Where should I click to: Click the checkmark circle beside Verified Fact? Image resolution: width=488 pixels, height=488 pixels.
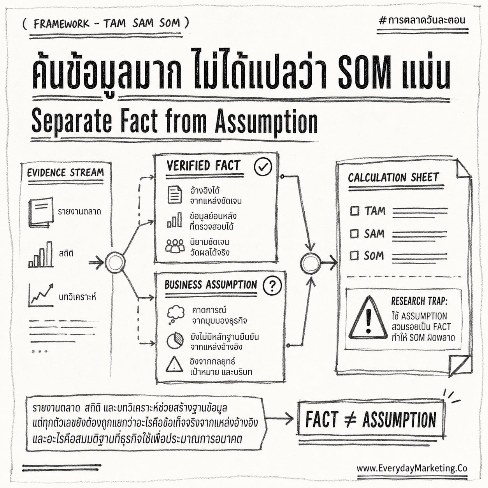pyautogui.click(x=263, y=167)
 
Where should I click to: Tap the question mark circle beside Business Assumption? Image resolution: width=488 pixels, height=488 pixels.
pyautogui.click(x=272, y=286)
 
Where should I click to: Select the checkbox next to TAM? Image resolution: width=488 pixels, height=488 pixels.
pyautogui.click(x=355, y=211)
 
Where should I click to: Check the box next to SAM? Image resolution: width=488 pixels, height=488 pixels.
pyautogui.click(x=354, y=233)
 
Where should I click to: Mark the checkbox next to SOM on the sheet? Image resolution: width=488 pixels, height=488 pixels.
pyautogui.click(x=354, y=256)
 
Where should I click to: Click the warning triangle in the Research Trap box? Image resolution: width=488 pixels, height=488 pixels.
pyautogui.click(x=368, y=318)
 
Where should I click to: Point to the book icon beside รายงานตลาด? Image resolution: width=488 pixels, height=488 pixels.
pyautogui.click(x=41, y=212)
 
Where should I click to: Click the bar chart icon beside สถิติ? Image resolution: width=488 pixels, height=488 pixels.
pyautogui.click(x=40, y=254)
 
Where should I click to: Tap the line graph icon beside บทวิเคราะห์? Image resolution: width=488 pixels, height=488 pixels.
pyautogui.click(x=41, y=295)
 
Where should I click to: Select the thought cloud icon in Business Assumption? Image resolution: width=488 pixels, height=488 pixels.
pyautogui.click(x=176, y=314)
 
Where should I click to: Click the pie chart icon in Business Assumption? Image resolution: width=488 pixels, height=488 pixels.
pyautogui.click(x=175, y=341)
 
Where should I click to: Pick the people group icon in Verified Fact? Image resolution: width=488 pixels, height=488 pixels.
pyautogui.click(x=175, y=246)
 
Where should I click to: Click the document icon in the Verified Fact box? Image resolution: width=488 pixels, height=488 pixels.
pyautogui.click(x=174, y=195)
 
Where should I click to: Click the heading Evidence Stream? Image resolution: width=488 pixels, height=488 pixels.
pyautogui.click(x=66, y=173)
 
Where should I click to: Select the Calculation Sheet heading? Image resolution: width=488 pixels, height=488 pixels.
pyautogui.click(x=393, y=177)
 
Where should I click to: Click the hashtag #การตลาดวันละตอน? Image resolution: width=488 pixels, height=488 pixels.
pyautogui.click(x=422, y=20)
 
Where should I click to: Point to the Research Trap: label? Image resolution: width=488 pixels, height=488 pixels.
pyautogui.click(x=420, y=301)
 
